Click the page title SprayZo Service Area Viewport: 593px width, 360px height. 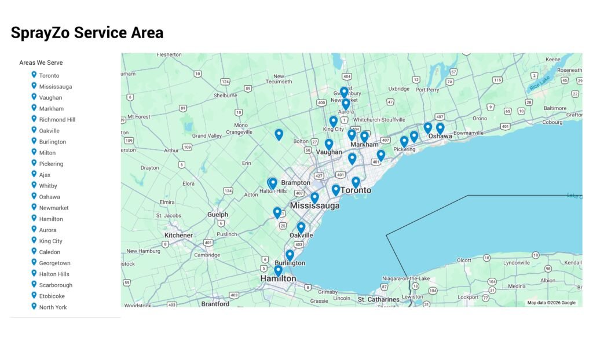coord(87,33)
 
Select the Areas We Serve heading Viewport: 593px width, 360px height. coord(41,63)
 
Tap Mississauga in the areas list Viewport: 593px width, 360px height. coord(56,87)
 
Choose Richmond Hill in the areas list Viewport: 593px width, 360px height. coord(57,120)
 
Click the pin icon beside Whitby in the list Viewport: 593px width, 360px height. coord(34,185)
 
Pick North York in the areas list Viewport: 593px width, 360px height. coord(53,307)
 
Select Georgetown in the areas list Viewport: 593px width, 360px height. coord(54,263)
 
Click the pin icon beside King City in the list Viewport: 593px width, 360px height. coord(34,240)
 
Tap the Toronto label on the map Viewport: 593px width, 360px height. coord(356,190)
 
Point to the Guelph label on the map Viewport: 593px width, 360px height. coord(218,215)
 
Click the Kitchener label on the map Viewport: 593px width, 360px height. coord(178,236)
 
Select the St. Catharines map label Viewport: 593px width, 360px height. coord(378,300)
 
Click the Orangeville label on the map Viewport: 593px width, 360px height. coord(239,132)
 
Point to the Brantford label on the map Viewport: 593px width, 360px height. coord(215,304)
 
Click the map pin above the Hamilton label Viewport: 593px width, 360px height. coord(278,270)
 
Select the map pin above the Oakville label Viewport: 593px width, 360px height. coord(301,227)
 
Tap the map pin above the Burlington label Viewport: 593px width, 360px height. coord(290,255)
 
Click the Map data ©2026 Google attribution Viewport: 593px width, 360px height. coord(551,303)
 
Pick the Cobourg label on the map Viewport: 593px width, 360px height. coord(551,122)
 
